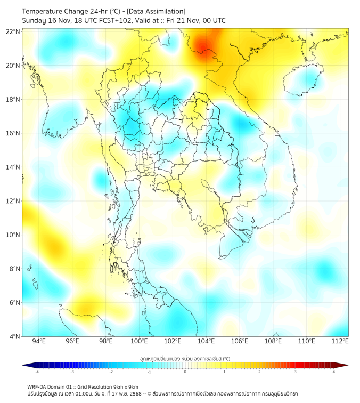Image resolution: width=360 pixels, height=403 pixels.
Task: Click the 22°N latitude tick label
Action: (x=13, y=31)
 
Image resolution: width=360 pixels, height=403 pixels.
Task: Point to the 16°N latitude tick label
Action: (x=13, y=133)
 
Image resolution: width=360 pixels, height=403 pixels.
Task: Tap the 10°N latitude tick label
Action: (x=13, y=235)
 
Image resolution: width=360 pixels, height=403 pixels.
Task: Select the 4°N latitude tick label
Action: (x=14, y=336)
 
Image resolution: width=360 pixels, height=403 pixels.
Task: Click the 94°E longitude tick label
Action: (x=39, y=341)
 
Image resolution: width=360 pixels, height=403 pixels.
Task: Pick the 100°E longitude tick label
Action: (x=139, y=341)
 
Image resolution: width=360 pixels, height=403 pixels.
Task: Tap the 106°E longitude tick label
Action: (x=240, y=341)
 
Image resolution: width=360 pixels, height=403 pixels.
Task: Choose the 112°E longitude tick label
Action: (x=340, y=341)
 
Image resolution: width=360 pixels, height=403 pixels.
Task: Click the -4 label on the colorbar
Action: (x=37, y=372)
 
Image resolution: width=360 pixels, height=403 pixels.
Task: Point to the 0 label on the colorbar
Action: (x=185, y=372)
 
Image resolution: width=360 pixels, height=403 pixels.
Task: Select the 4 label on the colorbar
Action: (x=333, y=372)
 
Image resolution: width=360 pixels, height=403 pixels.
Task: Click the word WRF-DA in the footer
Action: (x=38, y=387)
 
